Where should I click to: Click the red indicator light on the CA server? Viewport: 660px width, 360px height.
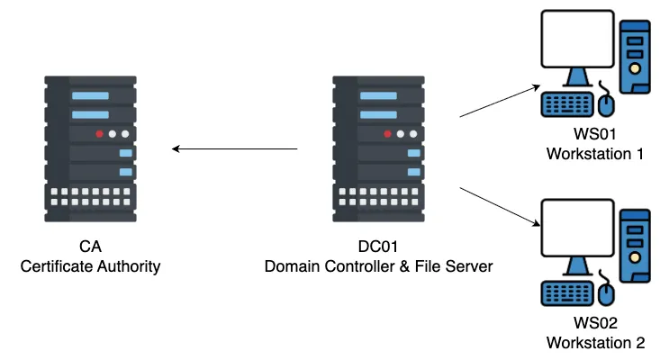point(99,134)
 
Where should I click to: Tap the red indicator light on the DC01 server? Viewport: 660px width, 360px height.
point(388,134)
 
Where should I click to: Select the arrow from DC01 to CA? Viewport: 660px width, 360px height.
point(235,148)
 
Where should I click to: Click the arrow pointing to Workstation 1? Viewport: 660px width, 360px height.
point(500,101)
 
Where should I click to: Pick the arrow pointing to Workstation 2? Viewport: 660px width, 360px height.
point(500,206)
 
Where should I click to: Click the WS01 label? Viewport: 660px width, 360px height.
point(595,134)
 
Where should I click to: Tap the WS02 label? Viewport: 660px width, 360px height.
point(595,323)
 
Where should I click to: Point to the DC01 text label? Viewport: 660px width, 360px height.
point(378,247)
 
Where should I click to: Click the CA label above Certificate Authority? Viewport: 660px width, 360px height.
point(90,247)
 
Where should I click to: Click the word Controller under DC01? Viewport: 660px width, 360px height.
point(359,266)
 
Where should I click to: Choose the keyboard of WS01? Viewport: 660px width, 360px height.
point(567,103)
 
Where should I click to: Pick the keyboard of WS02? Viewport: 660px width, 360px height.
point(567,293)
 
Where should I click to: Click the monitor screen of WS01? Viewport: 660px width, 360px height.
point(577,39)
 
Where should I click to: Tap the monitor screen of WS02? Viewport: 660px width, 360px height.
point(577,228)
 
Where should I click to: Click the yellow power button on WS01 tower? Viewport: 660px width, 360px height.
point(635,68)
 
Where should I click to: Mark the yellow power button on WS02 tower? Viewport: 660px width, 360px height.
point(635,257)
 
